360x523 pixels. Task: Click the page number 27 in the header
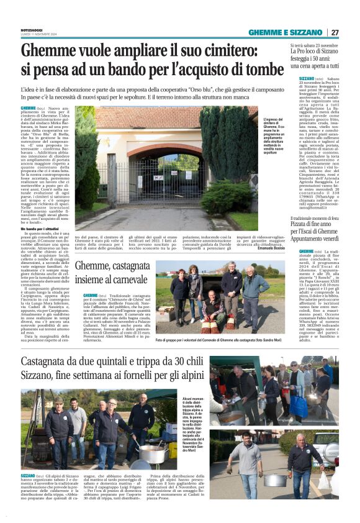pyautogui.click(x=335, y=32)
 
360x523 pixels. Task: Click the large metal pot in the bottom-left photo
pyautogui.click(x=151, y=453)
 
